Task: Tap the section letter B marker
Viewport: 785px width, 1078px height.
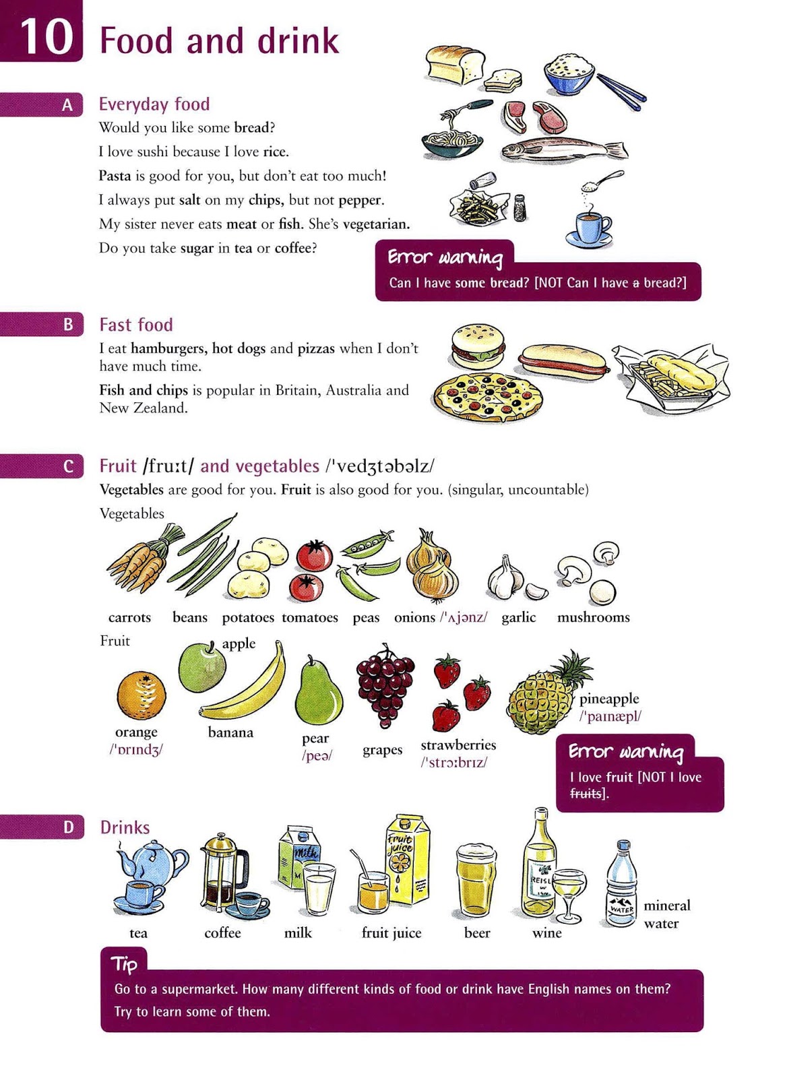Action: [x=68, y=325]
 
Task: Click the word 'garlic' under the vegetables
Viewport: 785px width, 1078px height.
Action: [x=518, y=617]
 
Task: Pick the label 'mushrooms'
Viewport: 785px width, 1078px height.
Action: [x=593, y=617]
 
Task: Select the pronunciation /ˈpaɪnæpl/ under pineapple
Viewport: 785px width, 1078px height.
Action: [x=610, y=716]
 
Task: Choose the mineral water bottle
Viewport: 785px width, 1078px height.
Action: [x=621, y=884]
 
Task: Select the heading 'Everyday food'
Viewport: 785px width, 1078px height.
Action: [x=154, y=104]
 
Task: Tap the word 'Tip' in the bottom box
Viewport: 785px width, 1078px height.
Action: [x=125, y=964]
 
